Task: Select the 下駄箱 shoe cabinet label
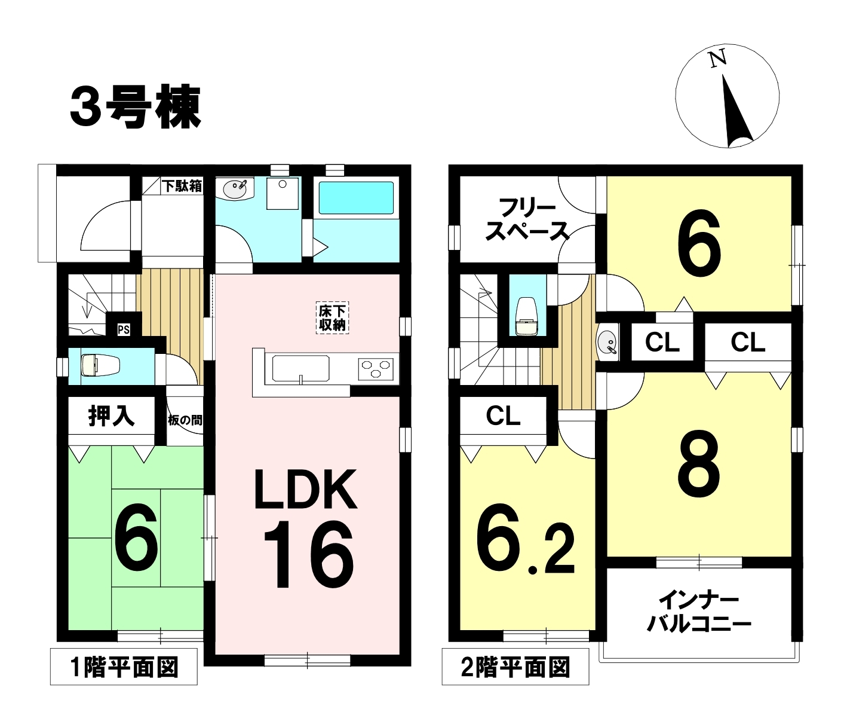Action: tap(183, 186)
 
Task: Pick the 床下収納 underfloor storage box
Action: tap(332, 318)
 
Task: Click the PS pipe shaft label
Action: tap(124, 330)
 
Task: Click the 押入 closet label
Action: tap(112, 417)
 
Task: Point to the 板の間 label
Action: tap(185, 420)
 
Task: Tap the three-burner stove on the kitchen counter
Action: tap(376, 369)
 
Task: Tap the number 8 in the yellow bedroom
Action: tap(699, 464)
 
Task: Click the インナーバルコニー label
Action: tap(699, 613)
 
